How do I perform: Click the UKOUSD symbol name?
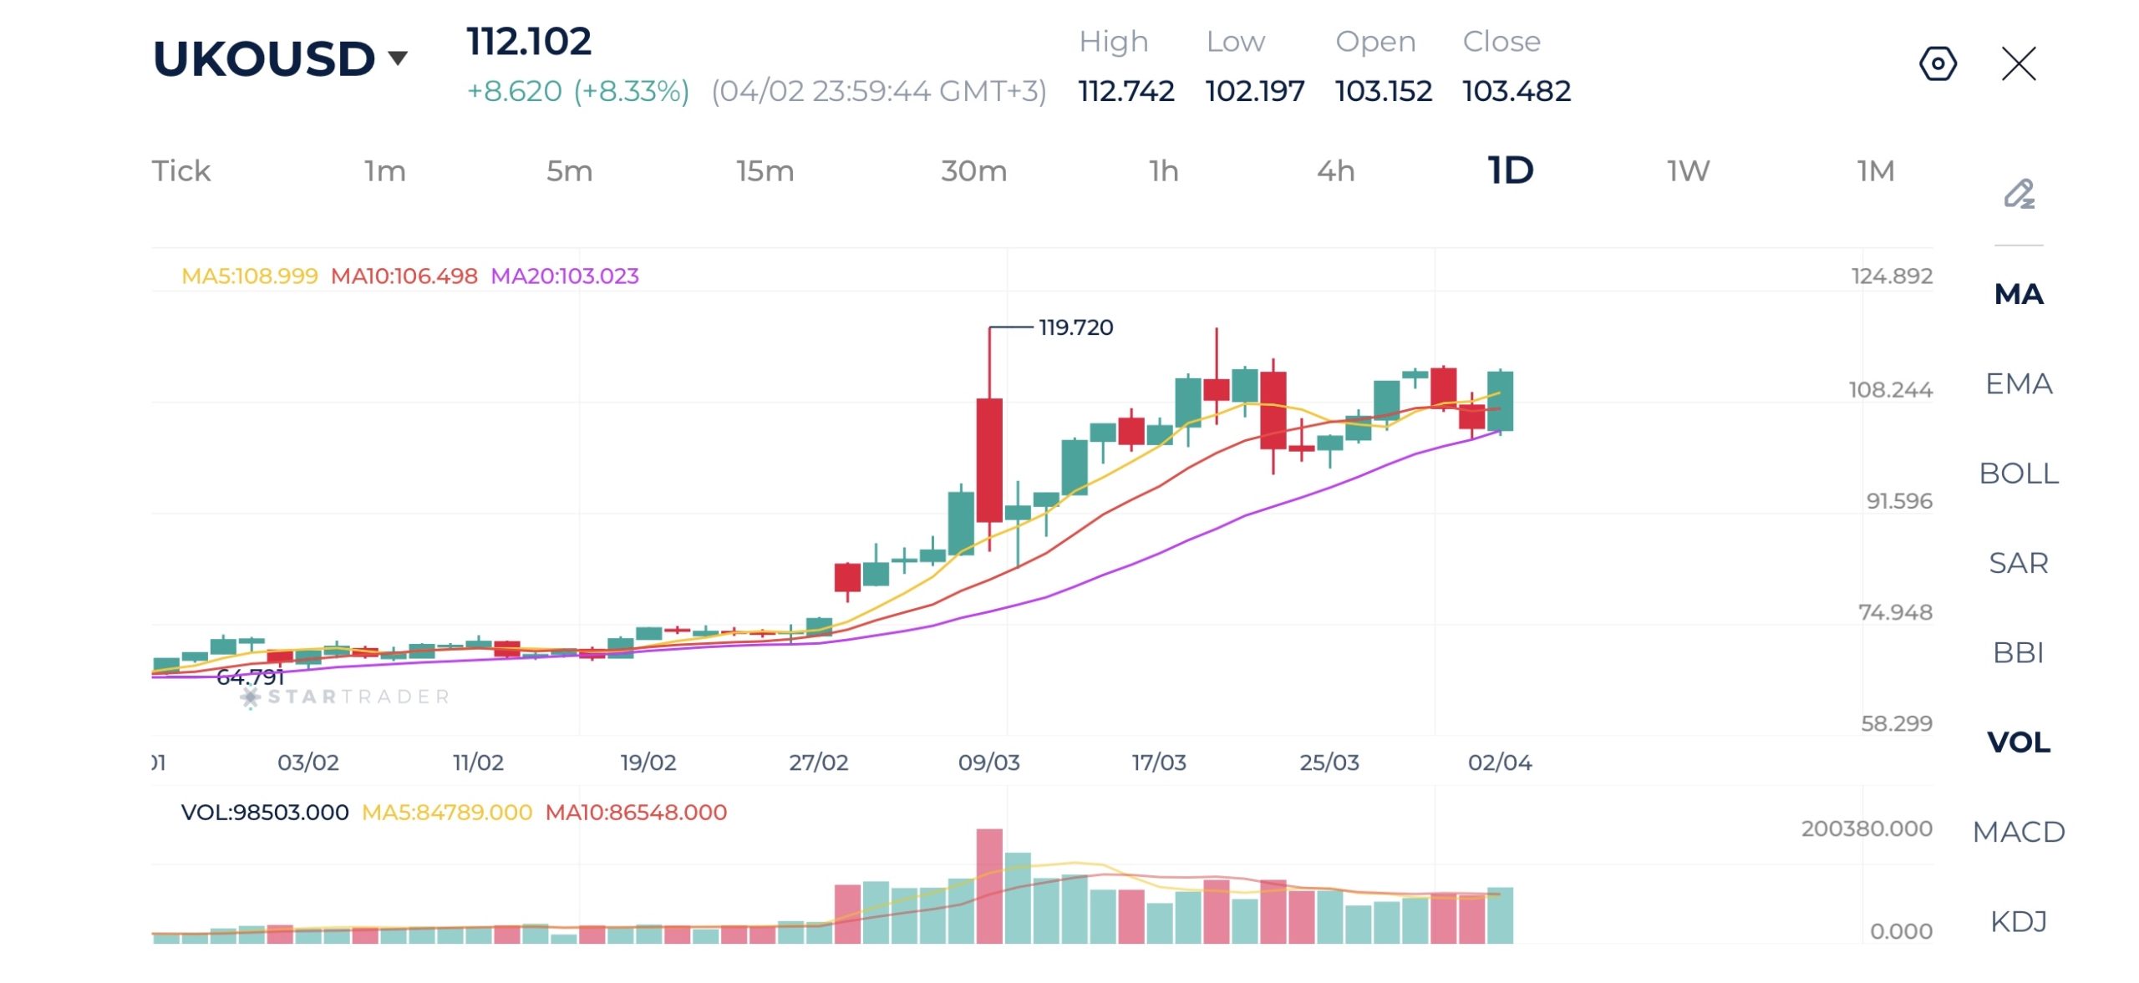[264, 58]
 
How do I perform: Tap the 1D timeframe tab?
[1511, 170]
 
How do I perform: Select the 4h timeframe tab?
[1335, 170]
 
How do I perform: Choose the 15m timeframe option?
[765, 170]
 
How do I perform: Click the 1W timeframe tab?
[1688, 170]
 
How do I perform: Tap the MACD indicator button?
[2018, 831]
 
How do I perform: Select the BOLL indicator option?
[2018, 473]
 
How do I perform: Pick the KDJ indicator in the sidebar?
[2018, 920]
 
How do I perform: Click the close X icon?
[2019, 63]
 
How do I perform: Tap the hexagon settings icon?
[1938, 63]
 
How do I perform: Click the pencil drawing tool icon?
[2019, 194]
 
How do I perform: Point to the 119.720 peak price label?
[1075, 327]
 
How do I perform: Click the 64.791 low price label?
[250, 676]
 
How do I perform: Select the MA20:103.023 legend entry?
[564, 276]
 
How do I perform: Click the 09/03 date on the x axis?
[988, 762]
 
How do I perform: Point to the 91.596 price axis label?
[1898, 500]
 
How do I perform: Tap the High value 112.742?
[1125, 90]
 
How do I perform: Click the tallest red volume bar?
[989, 885]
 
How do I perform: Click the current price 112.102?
[529, 41]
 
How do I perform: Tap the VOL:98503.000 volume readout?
[264, 812]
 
